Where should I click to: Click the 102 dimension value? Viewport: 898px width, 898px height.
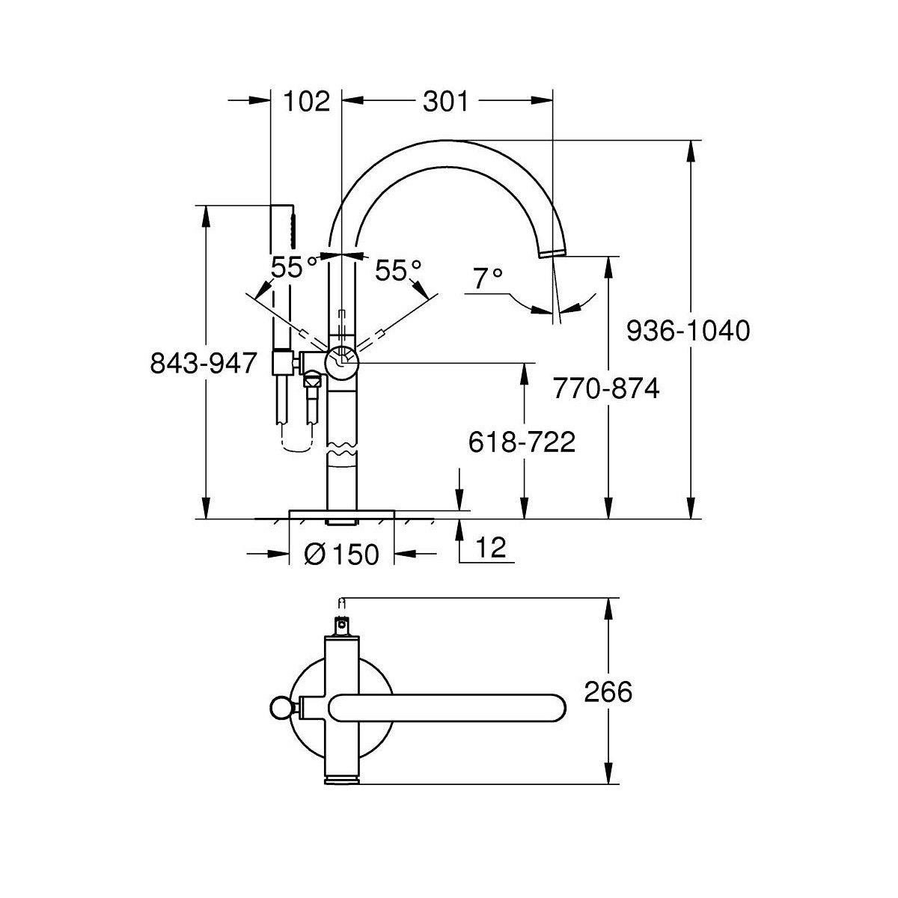click(307, 101)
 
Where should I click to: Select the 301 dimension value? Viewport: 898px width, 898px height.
click(445, 101)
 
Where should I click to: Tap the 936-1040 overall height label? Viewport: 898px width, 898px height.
click(688, 331)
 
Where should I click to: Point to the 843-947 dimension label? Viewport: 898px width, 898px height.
click(204, 363)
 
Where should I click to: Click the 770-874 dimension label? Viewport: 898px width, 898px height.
click(606, 388)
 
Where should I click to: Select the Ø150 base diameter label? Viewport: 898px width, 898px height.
click(341, 555)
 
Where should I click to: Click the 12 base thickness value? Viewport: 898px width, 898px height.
click(491, 547)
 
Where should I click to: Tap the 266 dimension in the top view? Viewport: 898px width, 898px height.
click(608, 691)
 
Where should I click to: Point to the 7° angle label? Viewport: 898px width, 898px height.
click(487, 278)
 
